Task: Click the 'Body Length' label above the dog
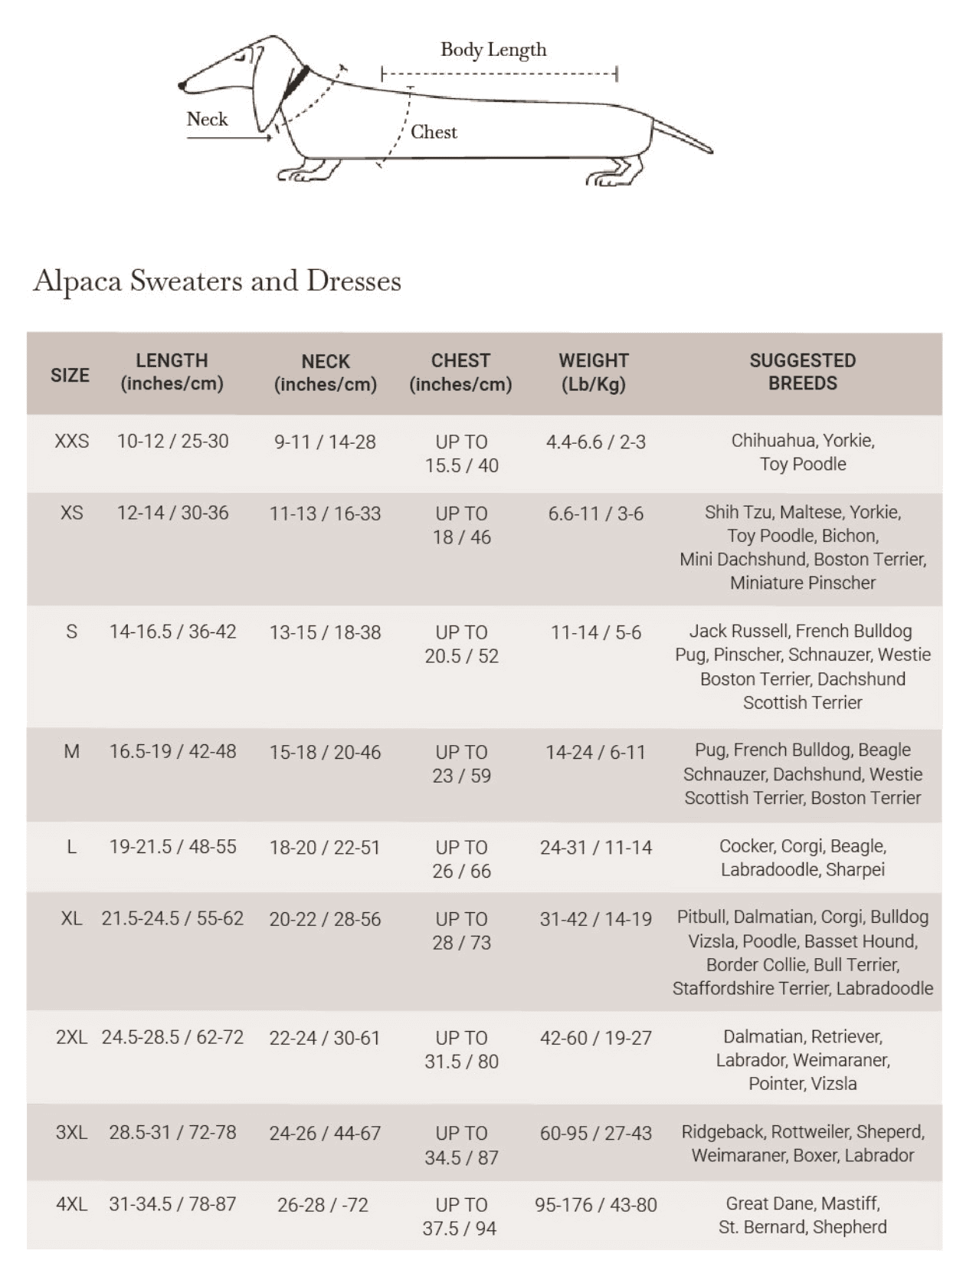(493, 50)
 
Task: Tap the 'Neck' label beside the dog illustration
(207, 120)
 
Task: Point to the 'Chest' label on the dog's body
(434, 132)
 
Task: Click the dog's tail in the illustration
(682, 136)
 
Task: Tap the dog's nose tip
(182, 85)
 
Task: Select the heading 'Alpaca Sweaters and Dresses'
(217, 281)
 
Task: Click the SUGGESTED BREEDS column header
(802, 372)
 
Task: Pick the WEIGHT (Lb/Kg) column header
(594, 372)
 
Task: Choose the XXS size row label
(71, 442)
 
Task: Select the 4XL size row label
(71, 1204)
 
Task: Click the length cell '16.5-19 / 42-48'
(172, 751)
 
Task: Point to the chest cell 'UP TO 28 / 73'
(461, 931)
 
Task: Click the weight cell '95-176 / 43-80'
(595, 1205)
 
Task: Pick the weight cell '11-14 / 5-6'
(595, 632)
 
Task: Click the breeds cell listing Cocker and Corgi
(802, 858)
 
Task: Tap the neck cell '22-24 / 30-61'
(324, 1038)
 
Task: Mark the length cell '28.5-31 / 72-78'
(172, 1132)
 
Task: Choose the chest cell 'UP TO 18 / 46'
(461, 525)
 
